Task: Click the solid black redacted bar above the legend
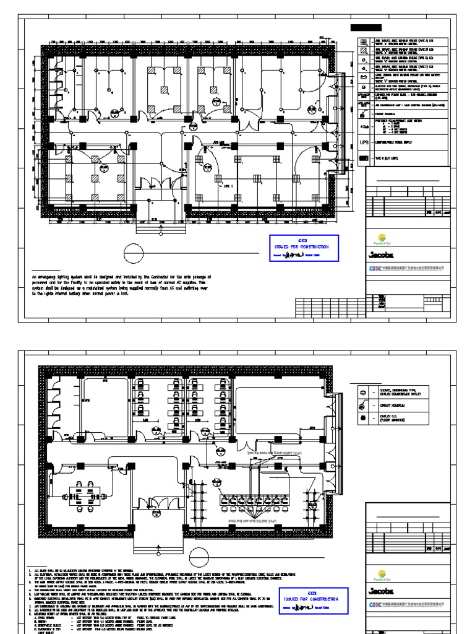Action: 366,28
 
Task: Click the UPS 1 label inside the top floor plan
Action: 228,185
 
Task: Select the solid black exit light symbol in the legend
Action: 364,160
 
